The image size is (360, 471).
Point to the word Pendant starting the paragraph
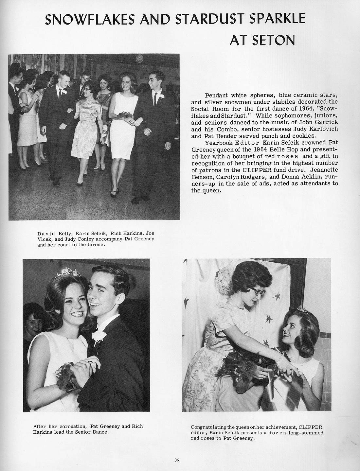click(216, 95)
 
